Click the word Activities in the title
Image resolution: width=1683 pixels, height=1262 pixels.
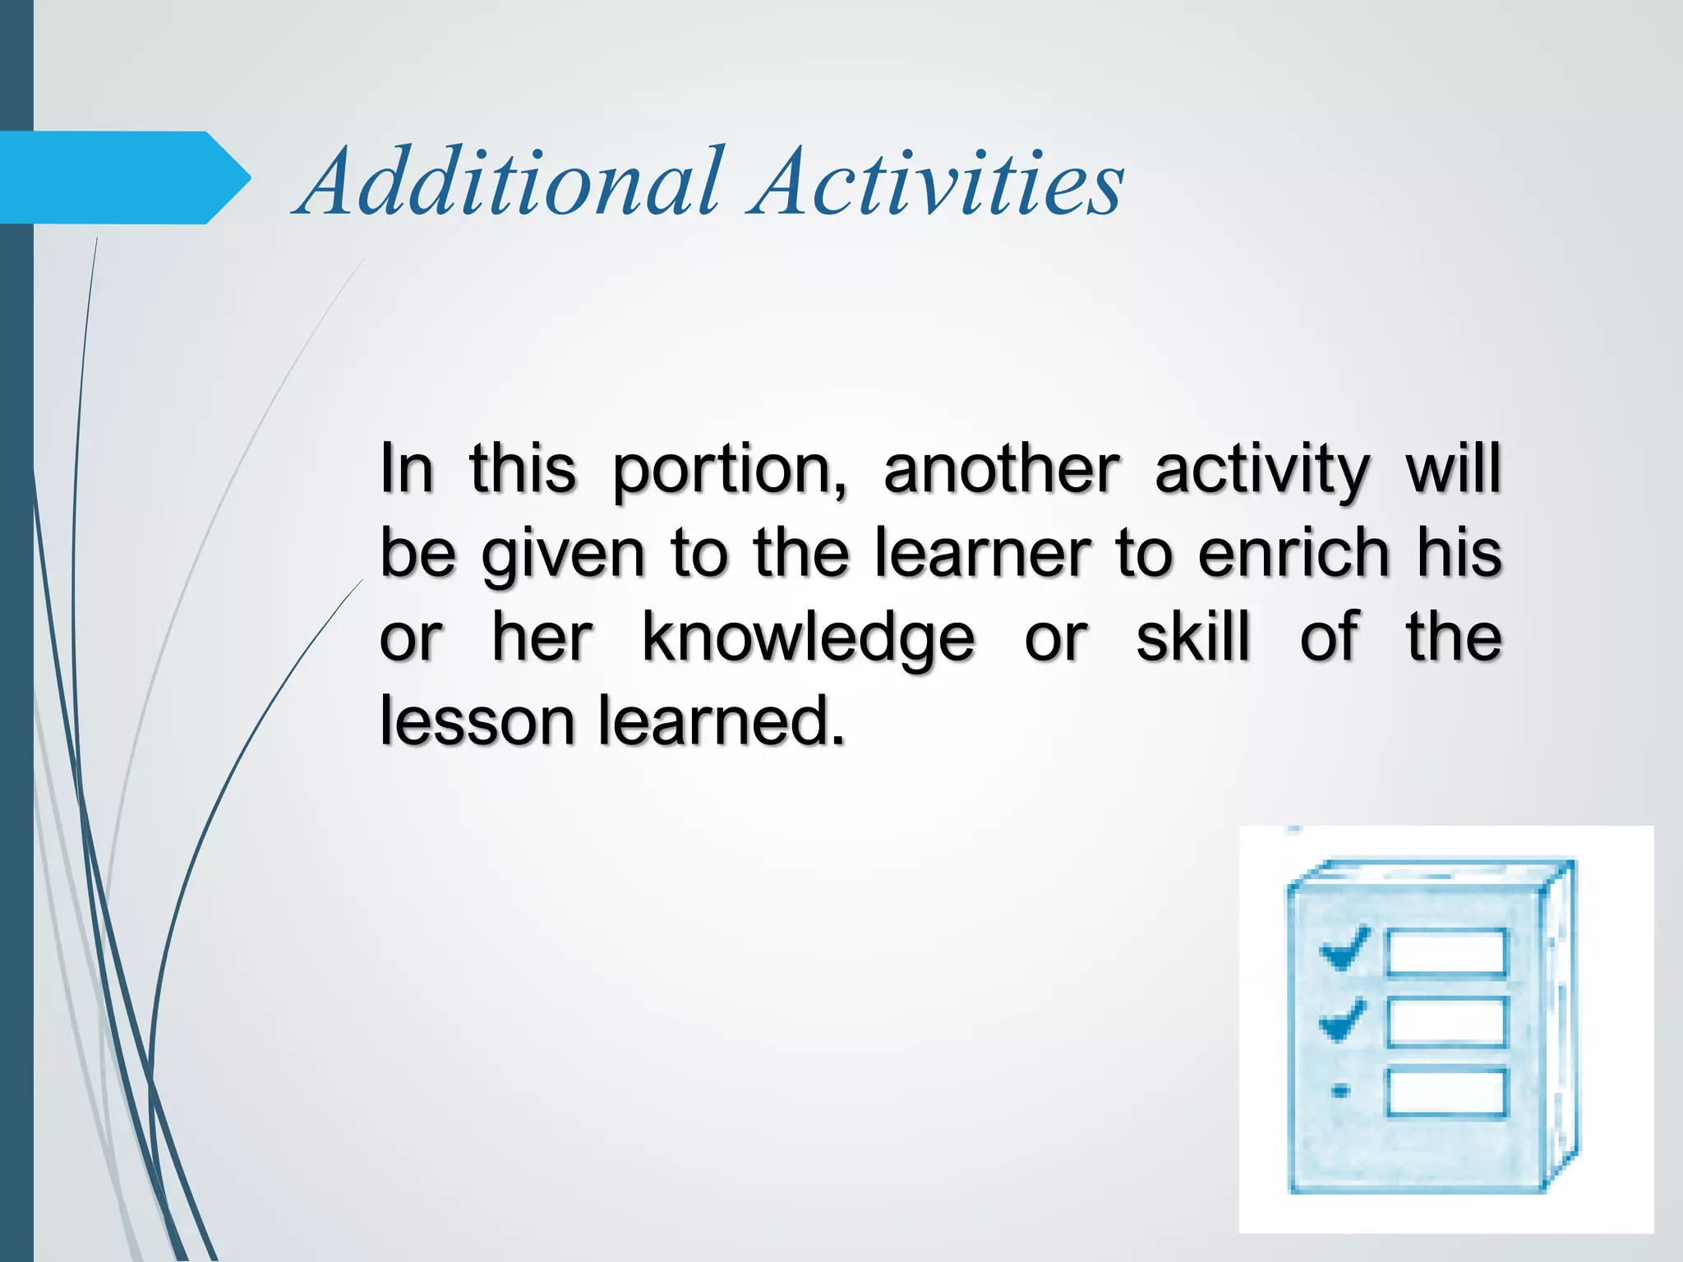(x=937, y=182)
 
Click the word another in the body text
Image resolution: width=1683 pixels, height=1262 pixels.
(x=1001, y=469)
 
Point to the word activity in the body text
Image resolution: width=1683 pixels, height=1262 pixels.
(x=1261, y=471)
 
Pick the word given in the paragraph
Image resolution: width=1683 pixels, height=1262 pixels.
(x=563, y=555)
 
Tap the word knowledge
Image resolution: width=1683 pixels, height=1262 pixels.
(x=808, y=639)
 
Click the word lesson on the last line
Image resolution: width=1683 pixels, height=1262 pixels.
(x=477, y=721)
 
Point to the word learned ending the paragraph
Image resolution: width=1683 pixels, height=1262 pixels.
(x=721, y=721)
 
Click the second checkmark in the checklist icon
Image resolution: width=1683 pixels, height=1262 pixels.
(x=1344, y=1020)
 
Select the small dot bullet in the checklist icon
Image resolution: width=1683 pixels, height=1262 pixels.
(x=1340, y=1091)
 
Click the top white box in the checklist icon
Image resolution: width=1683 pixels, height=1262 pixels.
(x=1446, y=952)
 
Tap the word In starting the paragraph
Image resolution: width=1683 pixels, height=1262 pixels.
(x=406, y=469)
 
